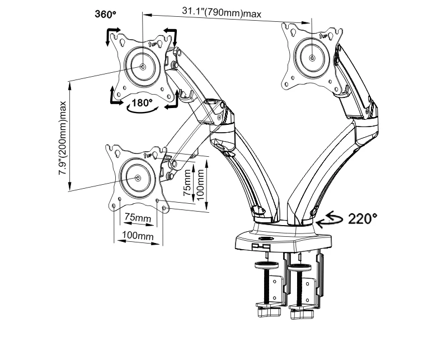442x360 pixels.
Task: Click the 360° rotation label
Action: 105,14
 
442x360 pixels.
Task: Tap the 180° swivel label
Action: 142,103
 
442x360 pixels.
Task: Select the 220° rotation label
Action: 363,219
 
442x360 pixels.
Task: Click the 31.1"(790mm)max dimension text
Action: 222,12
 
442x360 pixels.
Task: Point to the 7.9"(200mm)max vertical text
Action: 63,138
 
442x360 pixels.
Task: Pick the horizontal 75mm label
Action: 138,218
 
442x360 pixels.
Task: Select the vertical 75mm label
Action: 187,183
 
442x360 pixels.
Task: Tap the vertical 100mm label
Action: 200,185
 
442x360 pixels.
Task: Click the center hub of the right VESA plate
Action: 312,58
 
